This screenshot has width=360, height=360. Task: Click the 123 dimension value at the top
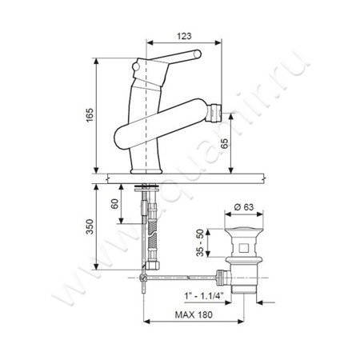click(x=184, y=36)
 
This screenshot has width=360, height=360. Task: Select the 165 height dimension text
click(x=90, y=115)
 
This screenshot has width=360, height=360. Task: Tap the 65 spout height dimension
click(x=225, y=144)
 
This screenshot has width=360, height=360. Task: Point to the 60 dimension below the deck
click(x=114, y=204)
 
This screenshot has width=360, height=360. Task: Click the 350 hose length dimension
click(x=90, y=226)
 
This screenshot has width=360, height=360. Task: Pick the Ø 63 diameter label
click(x=244, y=207)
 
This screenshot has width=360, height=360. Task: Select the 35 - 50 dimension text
click(x=200, y=242)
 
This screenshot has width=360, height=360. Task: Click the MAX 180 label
click(x=194, y=314)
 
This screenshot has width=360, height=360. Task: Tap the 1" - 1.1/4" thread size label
click(x=204, y=296)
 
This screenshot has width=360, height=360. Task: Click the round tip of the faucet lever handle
click(x=198, y=54)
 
